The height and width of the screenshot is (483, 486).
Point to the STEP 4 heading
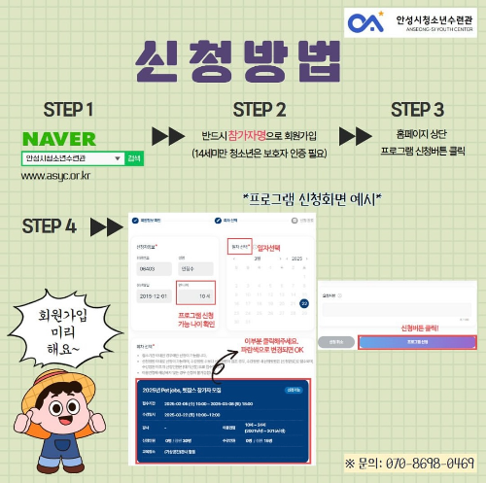(x=49, y=227)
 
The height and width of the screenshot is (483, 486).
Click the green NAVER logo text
(x=58, y=137)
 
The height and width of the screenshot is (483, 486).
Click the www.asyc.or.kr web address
(x=55, y=176)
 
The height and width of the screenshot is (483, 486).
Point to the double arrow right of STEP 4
(x=104, y=227)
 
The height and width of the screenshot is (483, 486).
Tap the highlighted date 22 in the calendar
(x=303, y=303)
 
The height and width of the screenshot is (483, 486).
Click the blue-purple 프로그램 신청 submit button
(x=416, y=342)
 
